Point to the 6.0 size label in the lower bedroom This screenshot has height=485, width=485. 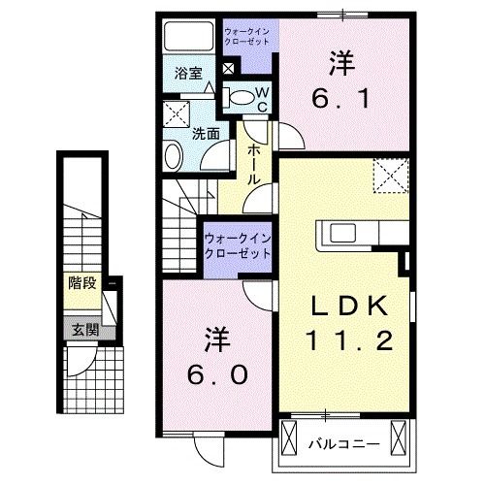point(215,372)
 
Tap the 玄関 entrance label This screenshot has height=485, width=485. point(83,330)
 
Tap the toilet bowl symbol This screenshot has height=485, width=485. point(238,96)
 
